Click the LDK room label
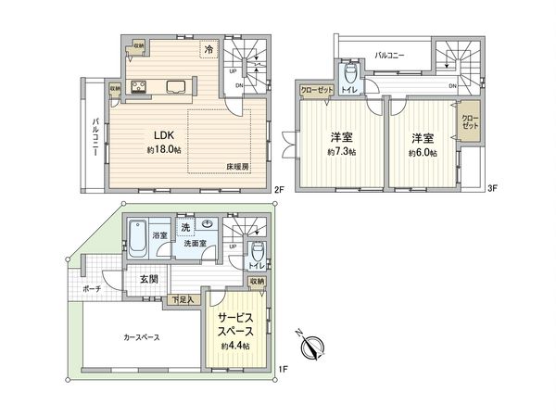click(x=152, y=133)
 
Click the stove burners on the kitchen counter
click(x=139, y=89)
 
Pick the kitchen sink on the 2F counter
click(x=177, y=89)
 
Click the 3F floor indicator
click(x=493, y=189)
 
